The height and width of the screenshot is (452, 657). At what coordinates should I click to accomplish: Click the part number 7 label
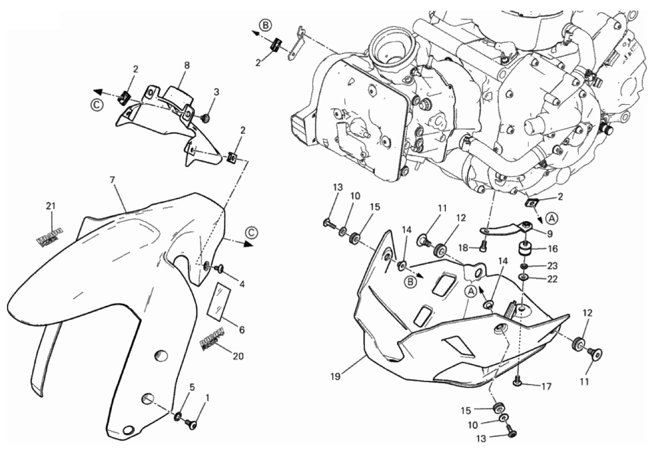(x=112, y=180)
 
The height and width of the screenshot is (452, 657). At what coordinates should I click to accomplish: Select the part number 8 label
(x=187, y=65)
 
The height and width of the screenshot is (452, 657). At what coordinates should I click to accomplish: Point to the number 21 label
(x=50, y=206)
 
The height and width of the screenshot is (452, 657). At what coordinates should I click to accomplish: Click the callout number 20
(x=238, y=356)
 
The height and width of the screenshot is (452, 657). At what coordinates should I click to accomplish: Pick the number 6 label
(x=242, y=330)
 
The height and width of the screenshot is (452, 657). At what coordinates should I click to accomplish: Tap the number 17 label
(x=546, y=386)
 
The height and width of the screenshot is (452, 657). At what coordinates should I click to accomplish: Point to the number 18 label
(x=464, y=248)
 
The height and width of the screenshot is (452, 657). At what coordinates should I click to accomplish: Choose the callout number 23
(x=552, y=266)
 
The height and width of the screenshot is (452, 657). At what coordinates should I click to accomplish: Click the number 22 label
(x=552, y=279)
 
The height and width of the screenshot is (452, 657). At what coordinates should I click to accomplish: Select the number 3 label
(x=217, y=92)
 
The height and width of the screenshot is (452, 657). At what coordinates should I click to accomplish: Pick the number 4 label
(x=242, y=284)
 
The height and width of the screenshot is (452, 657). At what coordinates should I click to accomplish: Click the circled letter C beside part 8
(x=96, y=105)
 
